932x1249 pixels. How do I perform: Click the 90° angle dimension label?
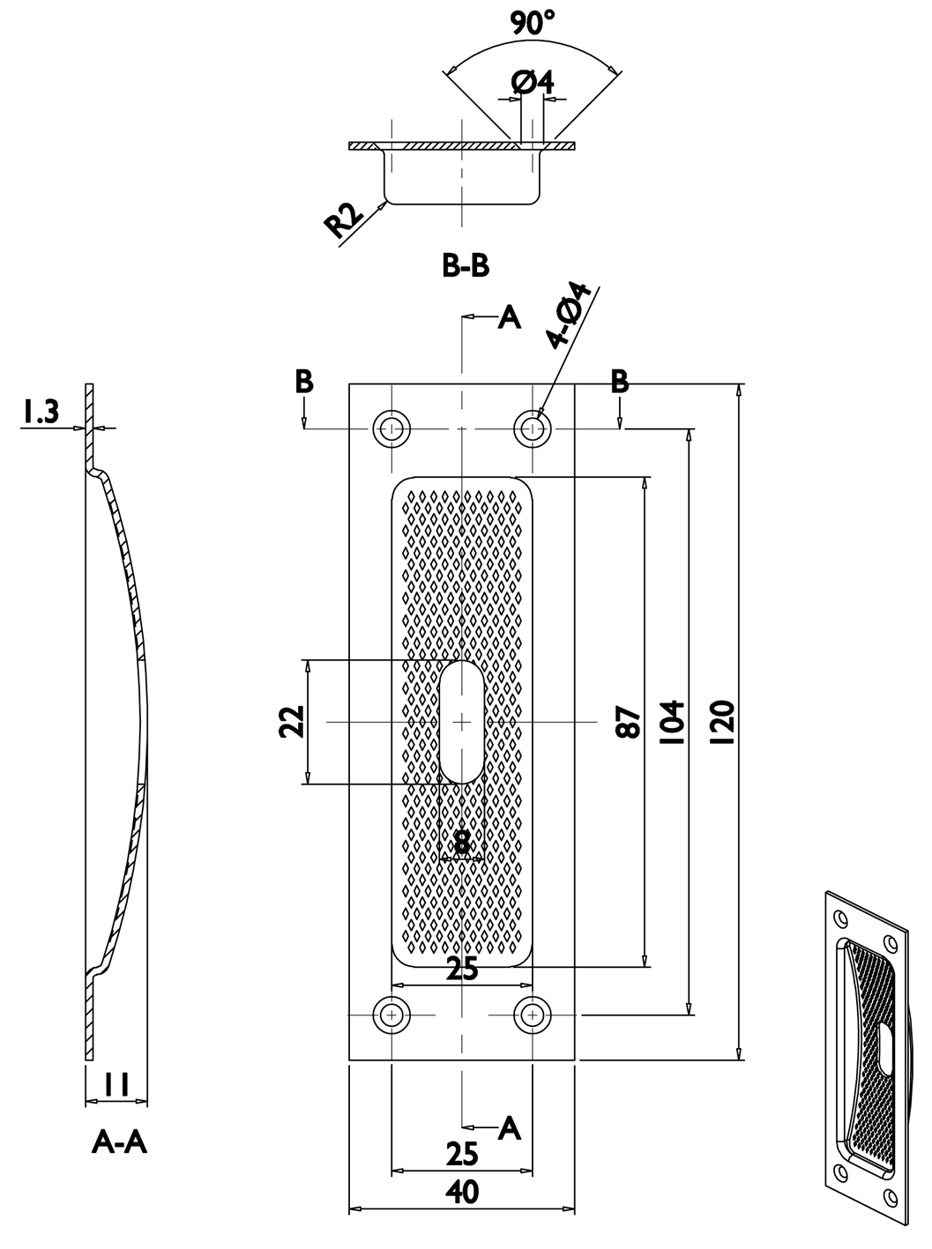click(x=532, y=22)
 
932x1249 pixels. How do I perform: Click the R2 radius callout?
click(x=344, y=219)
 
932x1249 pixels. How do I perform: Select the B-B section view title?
click(x=466, y=265)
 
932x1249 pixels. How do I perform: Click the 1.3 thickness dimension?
click(x=41, y=412)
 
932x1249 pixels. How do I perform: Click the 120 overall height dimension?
click(x=723, y=722)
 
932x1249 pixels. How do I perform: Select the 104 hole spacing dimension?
click(x=671, y=723)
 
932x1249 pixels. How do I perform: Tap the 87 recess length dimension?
click(x=628, y=722)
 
